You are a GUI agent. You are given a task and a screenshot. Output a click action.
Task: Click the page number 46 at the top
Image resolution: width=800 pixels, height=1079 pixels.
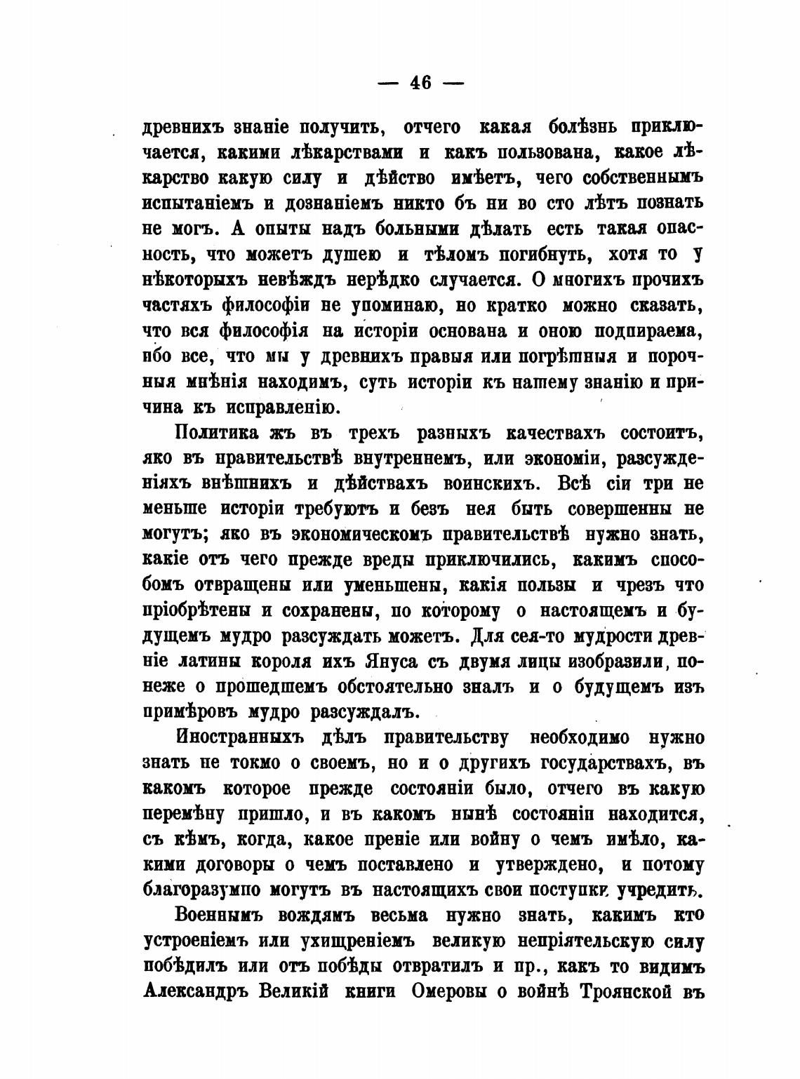click(x=420, y=83)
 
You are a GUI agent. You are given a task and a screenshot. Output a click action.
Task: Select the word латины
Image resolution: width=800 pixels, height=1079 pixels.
click(x=208, y=662)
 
